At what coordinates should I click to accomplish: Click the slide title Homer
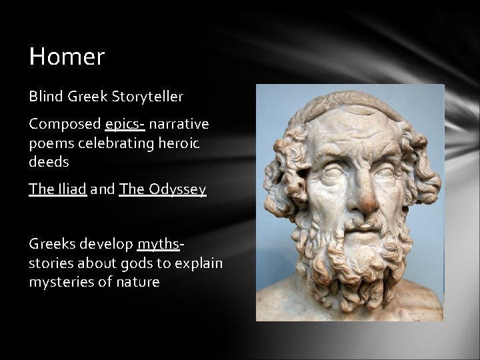67,57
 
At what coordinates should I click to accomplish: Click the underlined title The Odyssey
163,190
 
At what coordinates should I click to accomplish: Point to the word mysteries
59,281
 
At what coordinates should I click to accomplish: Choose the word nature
137,281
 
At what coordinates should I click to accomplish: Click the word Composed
65,124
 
